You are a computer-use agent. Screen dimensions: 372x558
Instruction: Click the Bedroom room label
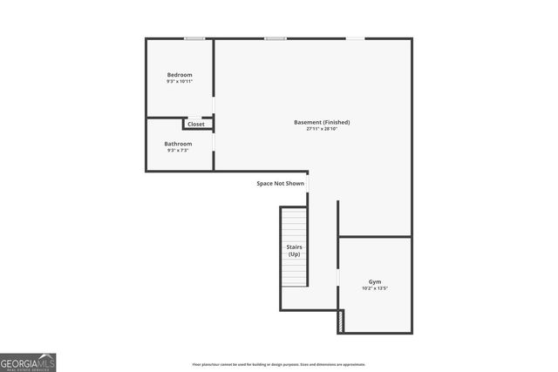click(180, 75)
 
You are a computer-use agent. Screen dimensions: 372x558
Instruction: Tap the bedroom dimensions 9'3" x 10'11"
click(180, 82)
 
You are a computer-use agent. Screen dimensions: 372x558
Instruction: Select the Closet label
click(196, 125)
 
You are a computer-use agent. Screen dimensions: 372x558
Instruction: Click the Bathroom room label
click(178, 144)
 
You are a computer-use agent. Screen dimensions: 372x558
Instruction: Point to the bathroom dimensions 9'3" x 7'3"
click(178, 151)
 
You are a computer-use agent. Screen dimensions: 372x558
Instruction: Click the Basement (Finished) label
click(322, 122)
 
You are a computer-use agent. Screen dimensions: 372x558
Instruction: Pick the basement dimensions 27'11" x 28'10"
click(322, 129)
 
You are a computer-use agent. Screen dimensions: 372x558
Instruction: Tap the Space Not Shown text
click(280, 184)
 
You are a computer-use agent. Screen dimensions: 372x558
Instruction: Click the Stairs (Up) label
click(295, 250)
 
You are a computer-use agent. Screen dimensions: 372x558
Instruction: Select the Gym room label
click(375, 281)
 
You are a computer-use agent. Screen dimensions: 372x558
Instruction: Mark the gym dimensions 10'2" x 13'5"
click(375, 288)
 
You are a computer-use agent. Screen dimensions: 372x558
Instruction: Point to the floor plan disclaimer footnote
click(279, 364)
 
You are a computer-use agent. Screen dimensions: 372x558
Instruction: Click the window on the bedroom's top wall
click(194, 38)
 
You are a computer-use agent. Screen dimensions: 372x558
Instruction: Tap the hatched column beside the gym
click(341, 321)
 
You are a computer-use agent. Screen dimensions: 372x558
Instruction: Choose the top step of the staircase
click(294, 210)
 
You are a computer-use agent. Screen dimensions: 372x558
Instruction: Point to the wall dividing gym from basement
click(375, 236)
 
